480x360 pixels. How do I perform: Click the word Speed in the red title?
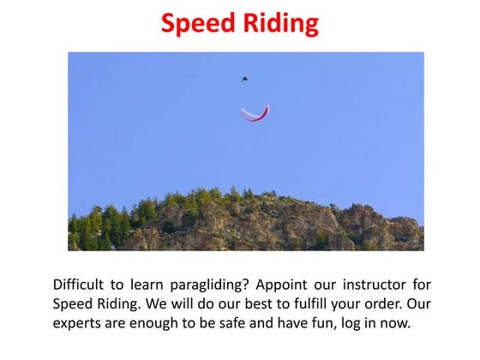pyautogui.click(x=199, y=23)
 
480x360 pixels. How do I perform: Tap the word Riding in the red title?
pyautogui.click(x=279, y=23)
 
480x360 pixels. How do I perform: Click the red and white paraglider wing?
pyautogui.click(x=255, y=113)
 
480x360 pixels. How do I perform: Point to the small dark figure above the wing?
pyautogui.click(x=245, y=79)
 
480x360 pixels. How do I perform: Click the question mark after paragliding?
pyautogui.click(x=231, y=285)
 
